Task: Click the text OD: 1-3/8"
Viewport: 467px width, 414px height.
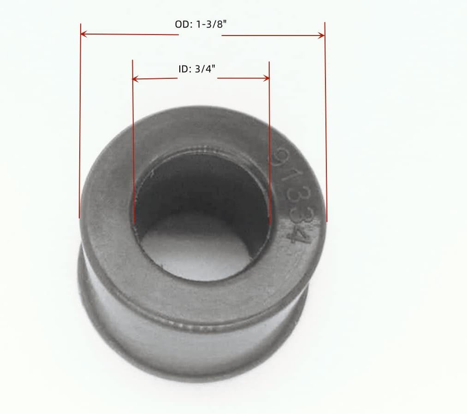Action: (x=200, y=24)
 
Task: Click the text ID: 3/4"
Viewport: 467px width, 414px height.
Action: (x=197, y=69)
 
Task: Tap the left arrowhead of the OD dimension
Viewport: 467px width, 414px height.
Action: (x=83, y=34)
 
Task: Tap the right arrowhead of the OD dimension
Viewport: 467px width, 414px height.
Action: (x=321, y=36)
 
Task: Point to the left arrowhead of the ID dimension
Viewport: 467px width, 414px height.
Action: (x=135, y=79)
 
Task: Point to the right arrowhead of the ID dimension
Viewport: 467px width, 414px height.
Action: (x=266, y=78)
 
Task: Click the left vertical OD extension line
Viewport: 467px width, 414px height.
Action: (x=80, y=121)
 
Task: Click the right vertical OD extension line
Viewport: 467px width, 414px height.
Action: (x=326, y=122)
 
